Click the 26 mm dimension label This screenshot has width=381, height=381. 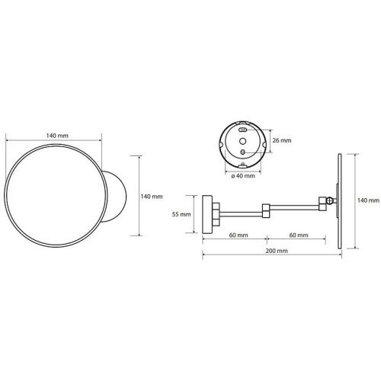[x=282, y=140]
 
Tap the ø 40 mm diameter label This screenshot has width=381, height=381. [x=243, y=176]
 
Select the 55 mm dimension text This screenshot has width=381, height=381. [x=181, y=214]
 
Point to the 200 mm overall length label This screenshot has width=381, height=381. [x=277, y=251]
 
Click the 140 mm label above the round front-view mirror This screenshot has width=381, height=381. [x=57, y=136]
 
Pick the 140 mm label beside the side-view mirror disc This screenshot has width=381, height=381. [x=368, y=200]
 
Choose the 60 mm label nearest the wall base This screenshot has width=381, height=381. [x=239, y=235]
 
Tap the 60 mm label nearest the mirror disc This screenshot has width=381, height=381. [x=299, y=235]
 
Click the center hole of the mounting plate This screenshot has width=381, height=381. [x=243, y=141]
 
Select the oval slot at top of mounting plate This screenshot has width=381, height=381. [x=243, y=130]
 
